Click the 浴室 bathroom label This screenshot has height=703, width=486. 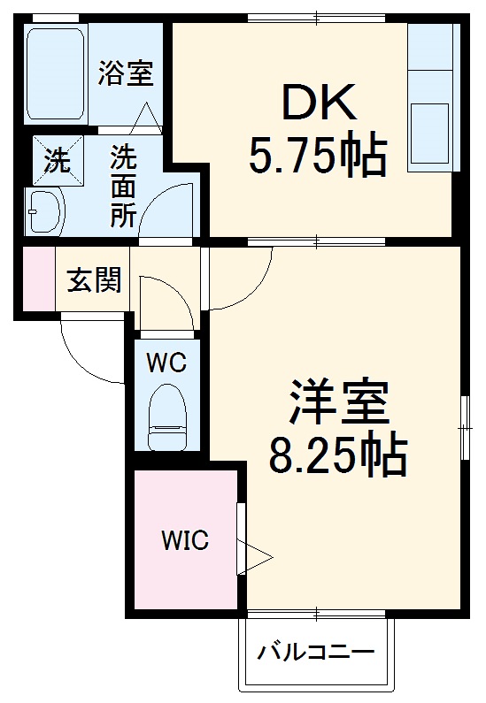coord(126,73)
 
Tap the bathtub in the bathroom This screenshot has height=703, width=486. coord(55,74)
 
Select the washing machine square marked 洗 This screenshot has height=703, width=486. coord(58,161)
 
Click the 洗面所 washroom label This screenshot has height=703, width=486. coord(123,186)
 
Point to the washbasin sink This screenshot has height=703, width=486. coord(45,210)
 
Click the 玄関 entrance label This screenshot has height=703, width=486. coord(94,280)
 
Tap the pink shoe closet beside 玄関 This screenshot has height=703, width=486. coord(39,278)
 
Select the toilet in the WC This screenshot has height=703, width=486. coord(166,417)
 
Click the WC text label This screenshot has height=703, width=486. coord(167,363)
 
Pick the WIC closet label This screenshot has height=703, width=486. coord(185,540)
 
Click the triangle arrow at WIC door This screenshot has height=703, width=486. coord(254,557)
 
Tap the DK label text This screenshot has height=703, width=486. coord(319,102)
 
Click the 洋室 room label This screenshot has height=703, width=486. coord(339,402)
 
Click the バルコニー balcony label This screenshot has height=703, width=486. coord(315,651)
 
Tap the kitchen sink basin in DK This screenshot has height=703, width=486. coord(429,134)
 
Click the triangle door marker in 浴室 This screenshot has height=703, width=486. coord(146,118)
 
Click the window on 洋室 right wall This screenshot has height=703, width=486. coord(465,428)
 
